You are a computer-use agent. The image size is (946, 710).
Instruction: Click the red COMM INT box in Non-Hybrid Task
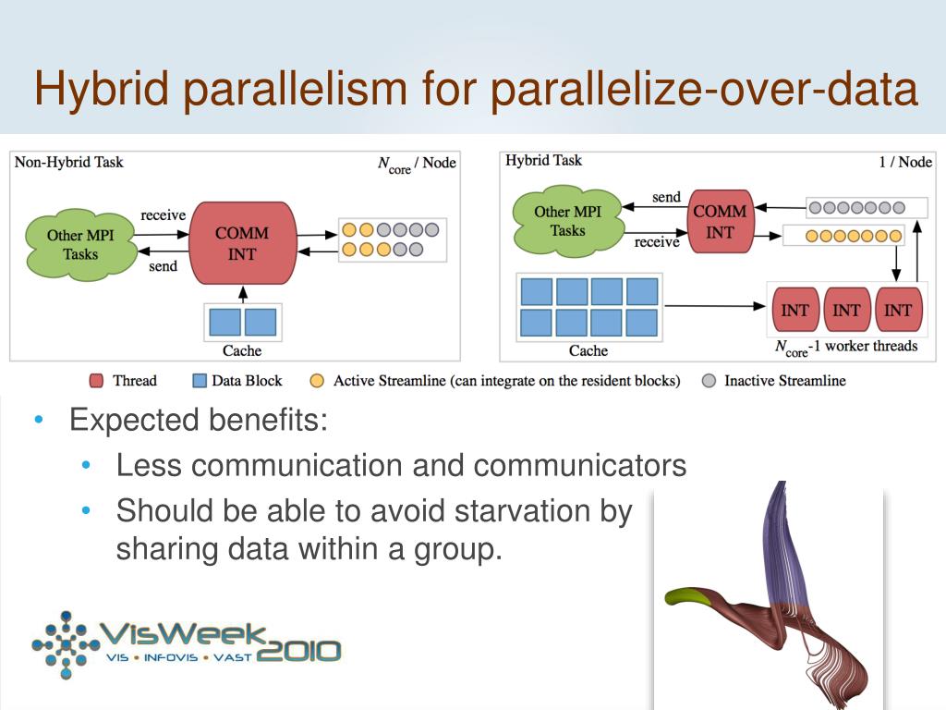click(x=242, y=242)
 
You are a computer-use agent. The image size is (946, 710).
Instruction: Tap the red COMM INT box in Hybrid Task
click(x=720, y=222)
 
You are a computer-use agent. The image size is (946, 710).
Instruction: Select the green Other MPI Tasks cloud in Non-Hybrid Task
click(x=80, y=244)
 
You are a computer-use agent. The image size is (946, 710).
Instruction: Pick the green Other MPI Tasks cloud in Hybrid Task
click(x=567, y=221)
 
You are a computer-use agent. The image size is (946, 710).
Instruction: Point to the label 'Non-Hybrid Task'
click(x=68, y=162)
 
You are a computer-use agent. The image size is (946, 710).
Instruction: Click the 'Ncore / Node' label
click(x=417, y=164)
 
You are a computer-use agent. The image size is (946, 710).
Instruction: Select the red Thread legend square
click(x=96, y=381)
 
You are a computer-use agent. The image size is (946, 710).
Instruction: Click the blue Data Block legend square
click(x=199, y=381)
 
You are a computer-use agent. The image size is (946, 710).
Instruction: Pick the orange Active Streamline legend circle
click(x=317, y=381)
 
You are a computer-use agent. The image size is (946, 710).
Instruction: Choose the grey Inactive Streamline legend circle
click(x=709, y=381)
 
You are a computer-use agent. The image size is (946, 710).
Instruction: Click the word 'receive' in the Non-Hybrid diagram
click(x=163, y=215)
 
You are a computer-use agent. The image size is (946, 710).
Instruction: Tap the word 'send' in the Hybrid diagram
click(x=666, y=197)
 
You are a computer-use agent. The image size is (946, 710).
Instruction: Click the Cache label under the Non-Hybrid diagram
click(x=242, y=350)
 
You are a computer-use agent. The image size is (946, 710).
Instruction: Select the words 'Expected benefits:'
click(x=199, y=421)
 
